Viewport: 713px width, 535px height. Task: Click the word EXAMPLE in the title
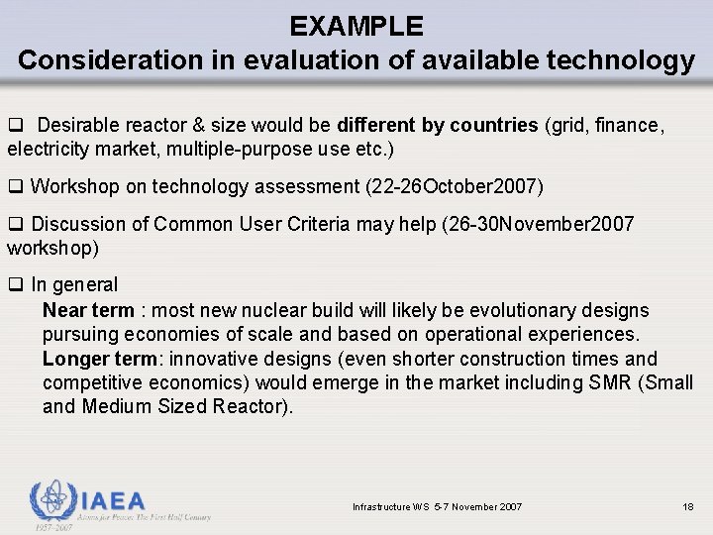(356, 26)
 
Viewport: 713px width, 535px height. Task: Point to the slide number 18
(688, 507)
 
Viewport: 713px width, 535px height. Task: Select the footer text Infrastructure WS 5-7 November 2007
(438, 507)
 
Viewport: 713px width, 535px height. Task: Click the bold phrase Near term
(88, 311)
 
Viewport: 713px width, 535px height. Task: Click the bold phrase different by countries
(438, 126)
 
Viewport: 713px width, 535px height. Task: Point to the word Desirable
(80, 126)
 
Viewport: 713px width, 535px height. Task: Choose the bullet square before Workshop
(15, 186)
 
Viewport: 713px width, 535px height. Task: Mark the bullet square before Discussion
(15, 224)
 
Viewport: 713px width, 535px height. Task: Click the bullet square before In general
(15, 285)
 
